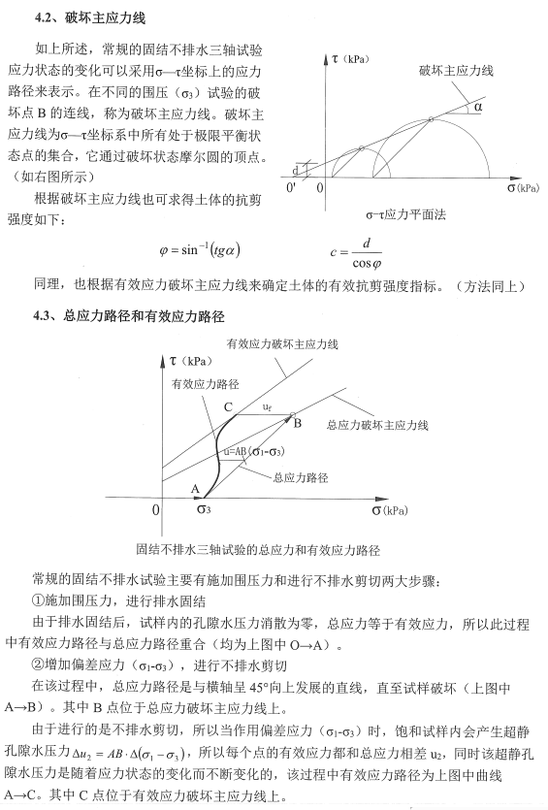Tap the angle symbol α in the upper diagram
click(x=477, y=108)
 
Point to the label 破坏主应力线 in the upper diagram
click(x=456, y=71)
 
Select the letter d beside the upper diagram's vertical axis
click(x=295, y=171)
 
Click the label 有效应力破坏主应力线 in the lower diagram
click(x=281, y=344)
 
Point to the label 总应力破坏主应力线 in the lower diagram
click(x=376, y=425)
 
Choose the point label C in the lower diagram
click(x=228, y=407)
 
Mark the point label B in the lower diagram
click(x=298, y=424)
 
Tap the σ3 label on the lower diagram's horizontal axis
click(x=204, y=508)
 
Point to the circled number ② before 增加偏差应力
click(x=39, y=664)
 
